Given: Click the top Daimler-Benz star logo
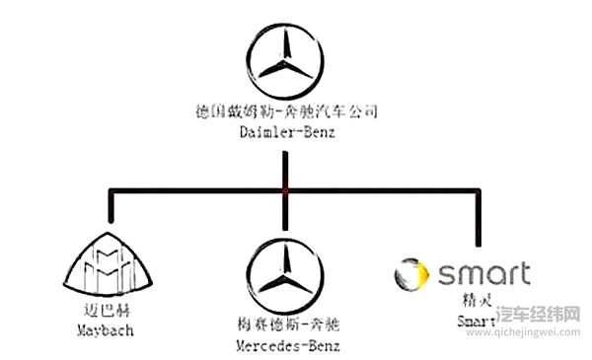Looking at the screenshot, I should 285,61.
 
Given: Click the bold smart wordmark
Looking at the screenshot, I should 482,273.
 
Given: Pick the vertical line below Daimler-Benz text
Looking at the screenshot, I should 284,163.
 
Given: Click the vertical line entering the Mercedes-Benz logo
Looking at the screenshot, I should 284,217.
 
